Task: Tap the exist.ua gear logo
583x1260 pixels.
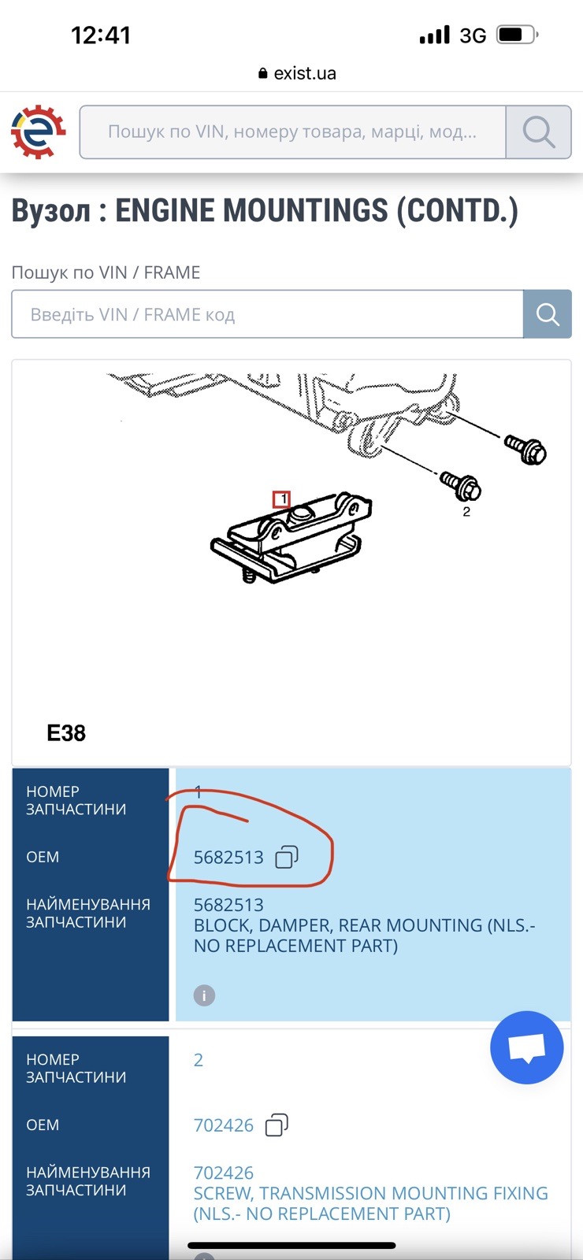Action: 39,132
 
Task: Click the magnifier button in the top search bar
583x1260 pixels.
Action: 539,132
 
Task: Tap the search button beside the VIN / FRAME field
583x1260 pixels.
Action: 547,314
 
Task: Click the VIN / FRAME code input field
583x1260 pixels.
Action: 267,314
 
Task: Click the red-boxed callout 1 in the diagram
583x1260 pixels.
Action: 281,499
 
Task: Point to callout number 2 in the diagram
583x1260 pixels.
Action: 466,512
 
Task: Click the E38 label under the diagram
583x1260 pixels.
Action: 66,733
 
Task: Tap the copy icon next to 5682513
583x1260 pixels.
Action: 287,857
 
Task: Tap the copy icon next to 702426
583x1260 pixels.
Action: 277,1125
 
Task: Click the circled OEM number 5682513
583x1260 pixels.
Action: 228,857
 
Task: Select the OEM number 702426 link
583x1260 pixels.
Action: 224,1125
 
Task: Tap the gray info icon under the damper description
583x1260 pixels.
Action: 204,995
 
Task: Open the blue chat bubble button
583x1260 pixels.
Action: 527,1047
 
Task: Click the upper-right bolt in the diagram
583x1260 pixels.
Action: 525,448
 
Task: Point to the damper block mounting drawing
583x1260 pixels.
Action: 291,538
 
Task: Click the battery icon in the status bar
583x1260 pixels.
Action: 517,35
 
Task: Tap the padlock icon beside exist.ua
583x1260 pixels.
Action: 262,73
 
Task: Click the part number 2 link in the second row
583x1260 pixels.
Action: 198,1060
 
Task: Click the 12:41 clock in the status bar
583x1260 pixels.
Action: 101,35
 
